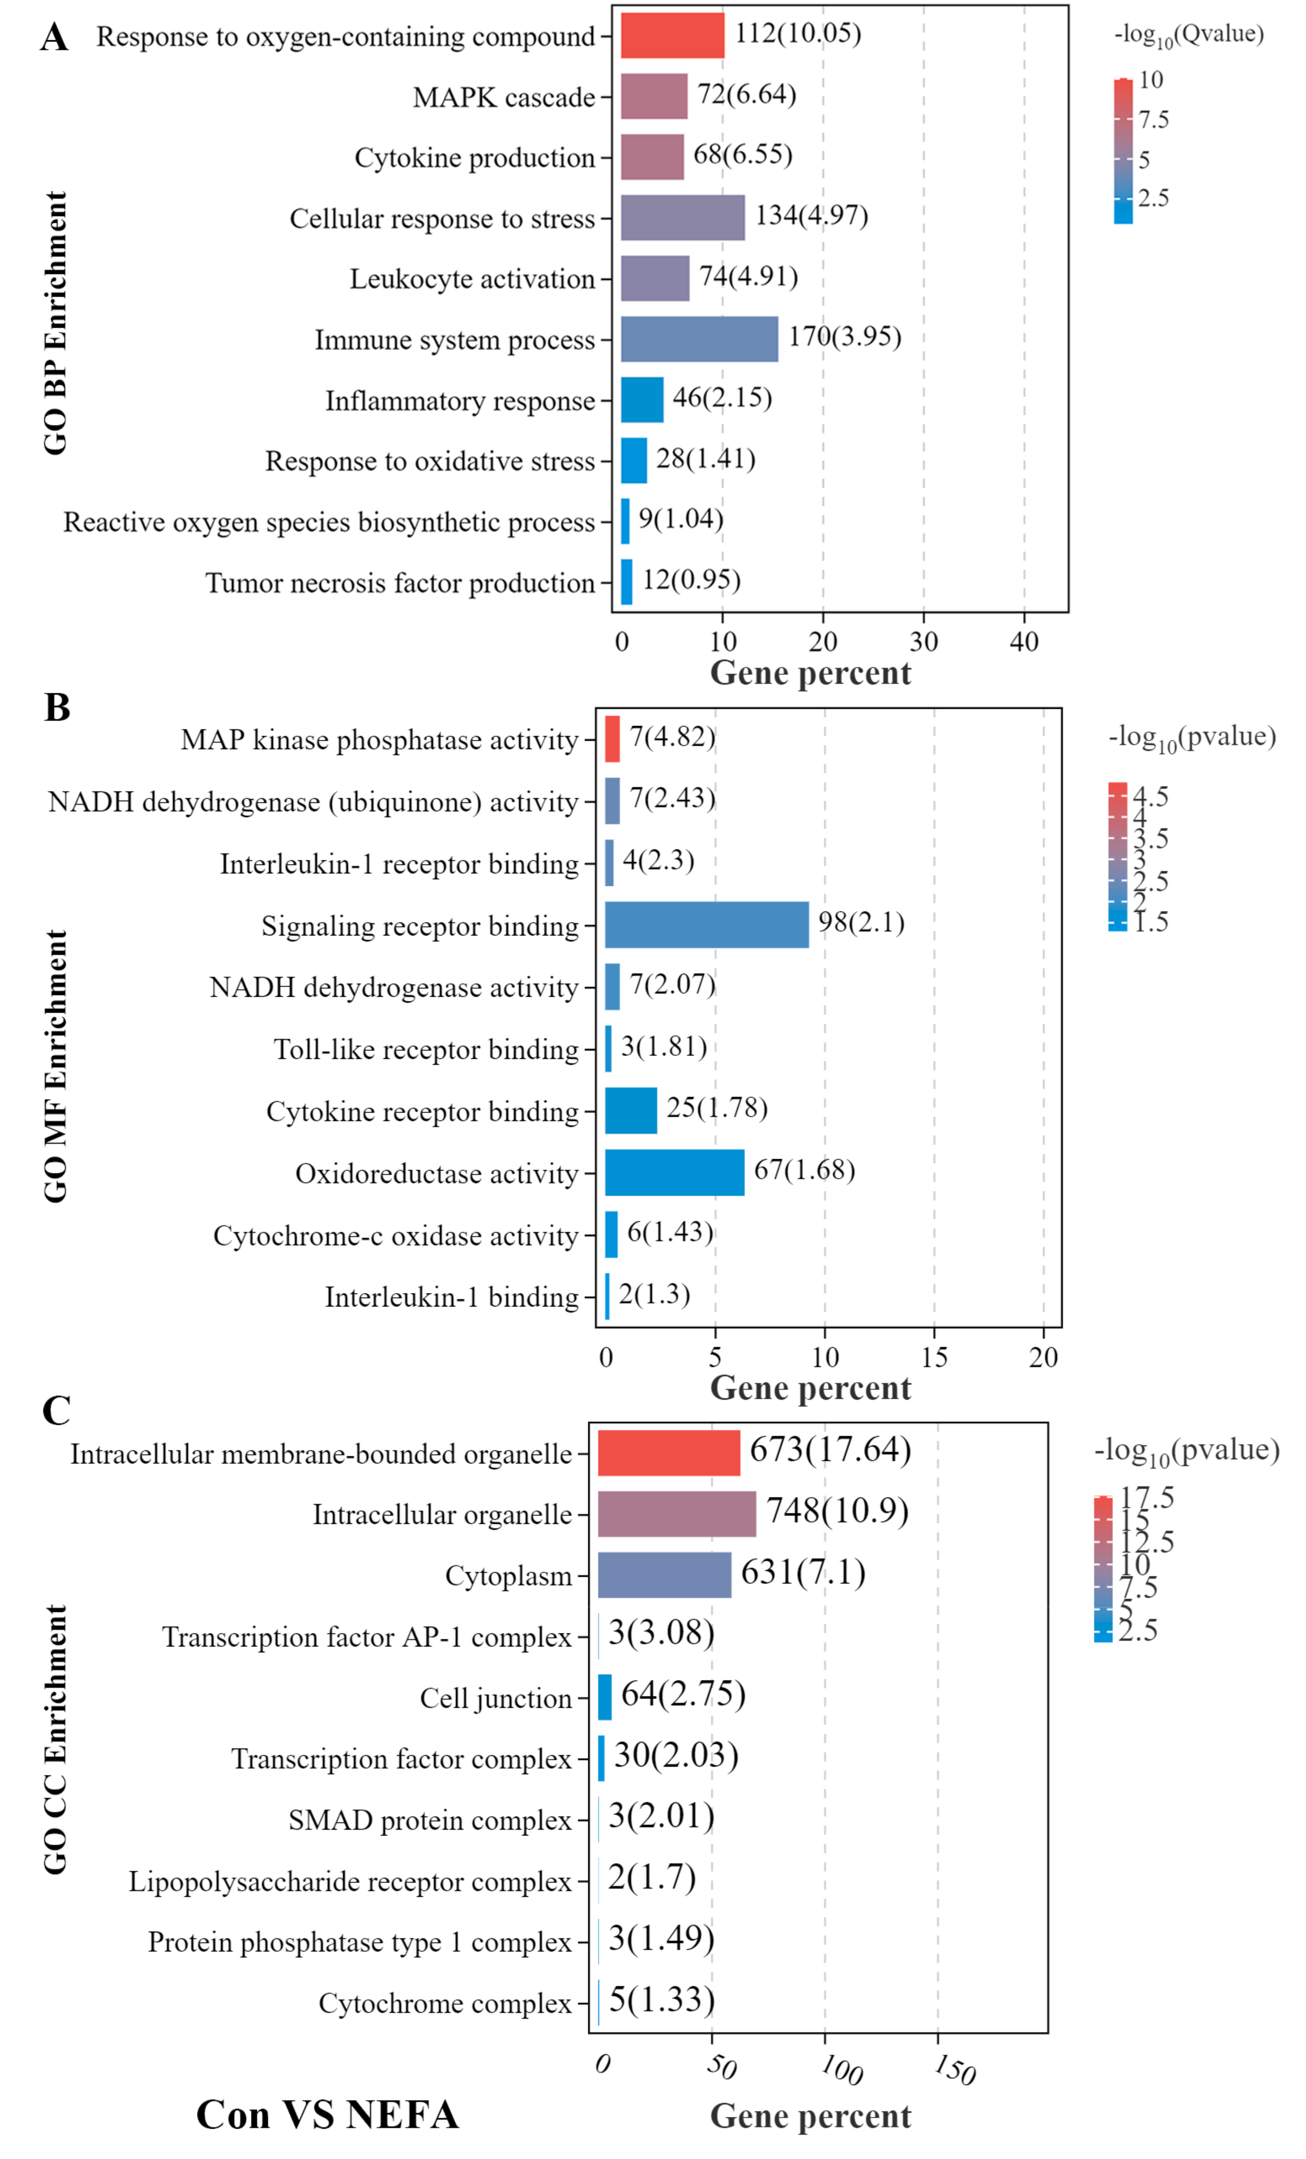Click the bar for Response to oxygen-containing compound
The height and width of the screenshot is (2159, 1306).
[672, 35]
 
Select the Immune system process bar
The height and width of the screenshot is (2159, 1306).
[699, 339]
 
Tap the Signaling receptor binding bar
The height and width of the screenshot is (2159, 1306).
[706, 924]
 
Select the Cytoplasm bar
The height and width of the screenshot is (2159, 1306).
[664, 1574]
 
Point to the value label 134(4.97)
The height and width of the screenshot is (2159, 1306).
[811, 215]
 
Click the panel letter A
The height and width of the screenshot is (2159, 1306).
[54, 38]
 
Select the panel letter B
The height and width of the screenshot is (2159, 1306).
[57, 707]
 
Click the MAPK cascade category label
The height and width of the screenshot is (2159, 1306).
[504, 97]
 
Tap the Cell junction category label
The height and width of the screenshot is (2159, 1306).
[495, 1698]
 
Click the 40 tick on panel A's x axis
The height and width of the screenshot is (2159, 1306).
[1023, 642]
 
